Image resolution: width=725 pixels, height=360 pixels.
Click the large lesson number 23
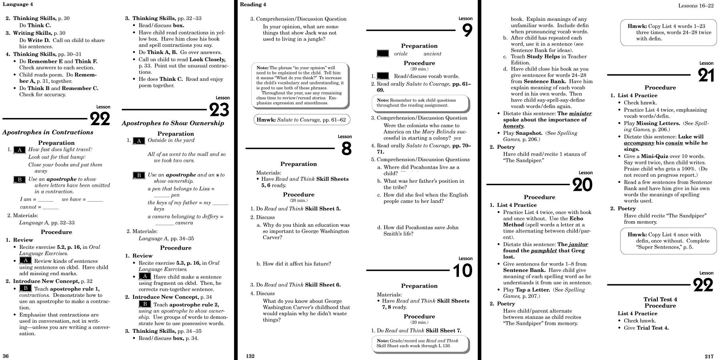coord(219,110)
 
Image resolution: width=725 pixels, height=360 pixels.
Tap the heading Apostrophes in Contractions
coord(48,132)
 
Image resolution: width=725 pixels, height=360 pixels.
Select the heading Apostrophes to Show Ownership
coord(173,123)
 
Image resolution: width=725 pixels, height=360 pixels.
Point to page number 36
coord(6,356)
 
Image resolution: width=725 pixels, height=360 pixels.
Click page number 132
coord(250,356)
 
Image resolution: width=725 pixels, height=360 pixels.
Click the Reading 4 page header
coord(253,4)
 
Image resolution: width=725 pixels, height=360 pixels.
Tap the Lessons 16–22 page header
coord(696,6)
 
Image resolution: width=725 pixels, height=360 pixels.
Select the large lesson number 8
coord(346,149)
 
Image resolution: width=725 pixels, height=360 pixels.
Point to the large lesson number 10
coord(463,271)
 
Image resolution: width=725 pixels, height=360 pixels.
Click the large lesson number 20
coord(582,185)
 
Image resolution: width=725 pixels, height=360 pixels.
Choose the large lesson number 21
coord(706,75)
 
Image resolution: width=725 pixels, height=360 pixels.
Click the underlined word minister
coord(580,114)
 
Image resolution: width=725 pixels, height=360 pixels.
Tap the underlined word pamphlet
coord(544,251)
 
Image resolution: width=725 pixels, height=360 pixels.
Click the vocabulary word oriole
coord(401,54)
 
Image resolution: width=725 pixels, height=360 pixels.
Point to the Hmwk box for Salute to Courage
coord(302,120)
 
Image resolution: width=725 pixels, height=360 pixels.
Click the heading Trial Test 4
coord(660,299)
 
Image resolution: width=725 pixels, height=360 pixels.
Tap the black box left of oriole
coord(383,54)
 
